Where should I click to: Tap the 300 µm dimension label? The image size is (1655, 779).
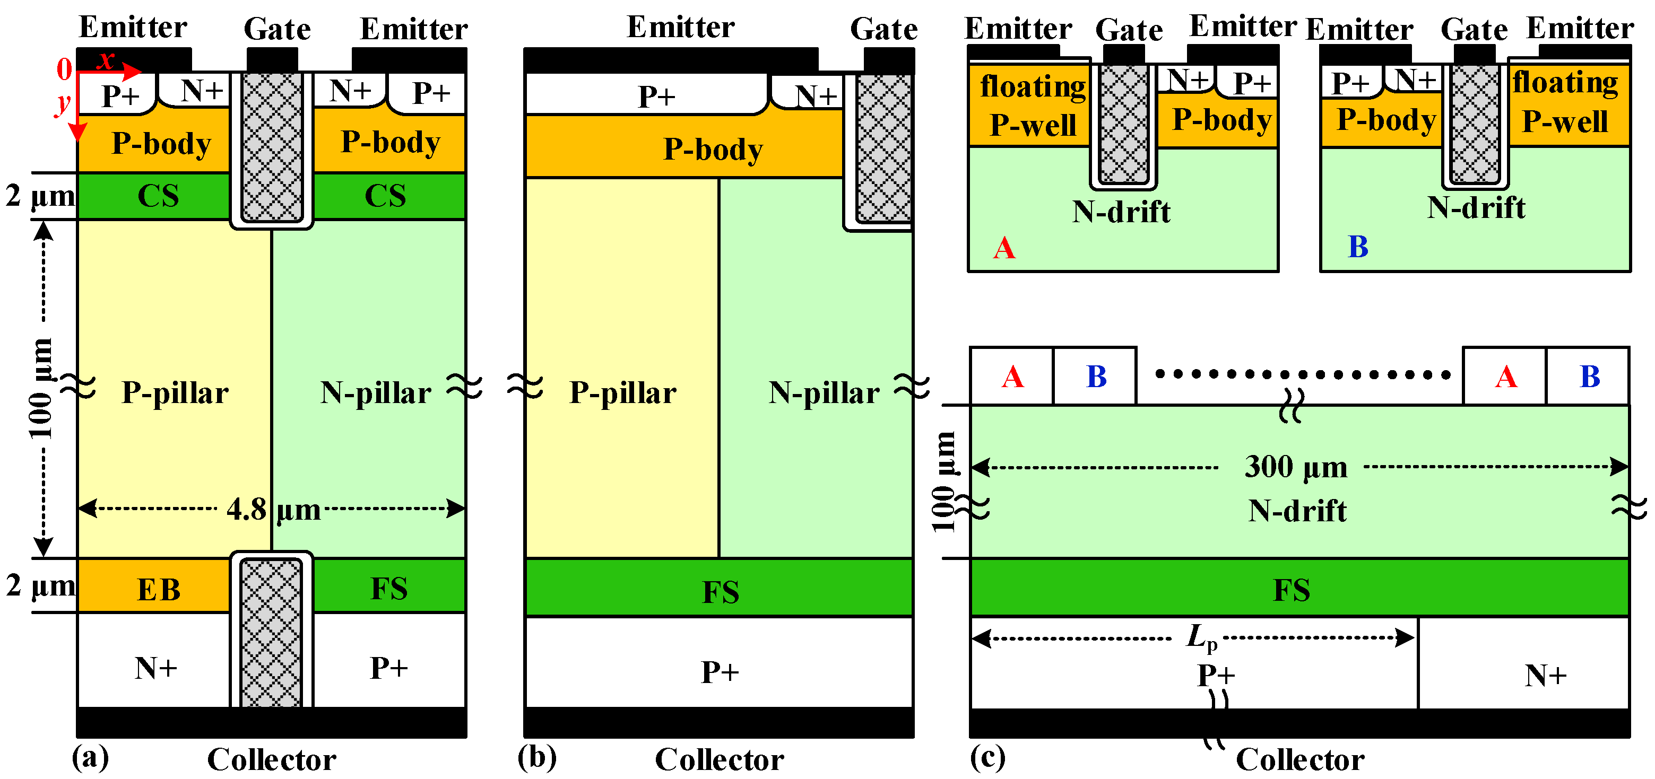click(x=1296, y=467)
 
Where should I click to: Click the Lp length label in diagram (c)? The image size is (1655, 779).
click(x=1201, y=638)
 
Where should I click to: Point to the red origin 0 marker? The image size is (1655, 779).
click(x=64, y=69)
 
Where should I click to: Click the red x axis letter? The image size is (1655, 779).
click(x=106, y=60)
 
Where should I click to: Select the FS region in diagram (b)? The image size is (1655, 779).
click(x=720, y=591)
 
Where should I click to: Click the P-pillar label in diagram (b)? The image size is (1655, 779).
click(x=622, y=392)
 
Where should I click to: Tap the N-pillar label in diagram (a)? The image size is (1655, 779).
click(x=376, y=392)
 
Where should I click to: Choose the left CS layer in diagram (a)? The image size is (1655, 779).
click(x=158, y=196)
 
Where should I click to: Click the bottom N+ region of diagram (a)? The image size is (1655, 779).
click(x=155, y=668)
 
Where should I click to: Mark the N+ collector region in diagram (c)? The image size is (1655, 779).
click(x=1545, y=675)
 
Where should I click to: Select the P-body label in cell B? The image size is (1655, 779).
click(x=1386, y=120)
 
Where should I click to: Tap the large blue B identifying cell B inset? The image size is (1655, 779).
click(x=1357, y=247)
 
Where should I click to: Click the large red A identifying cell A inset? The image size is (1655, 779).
click(x=1004, y=248)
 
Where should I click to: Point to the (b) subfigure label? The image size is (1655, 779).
click(x=536, y=757)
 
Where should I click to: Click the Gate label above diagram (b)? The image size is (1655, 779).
click(x=883, y=29)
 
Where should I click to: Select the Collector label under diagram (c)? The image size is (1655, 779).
click(x=1299, y=760)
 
